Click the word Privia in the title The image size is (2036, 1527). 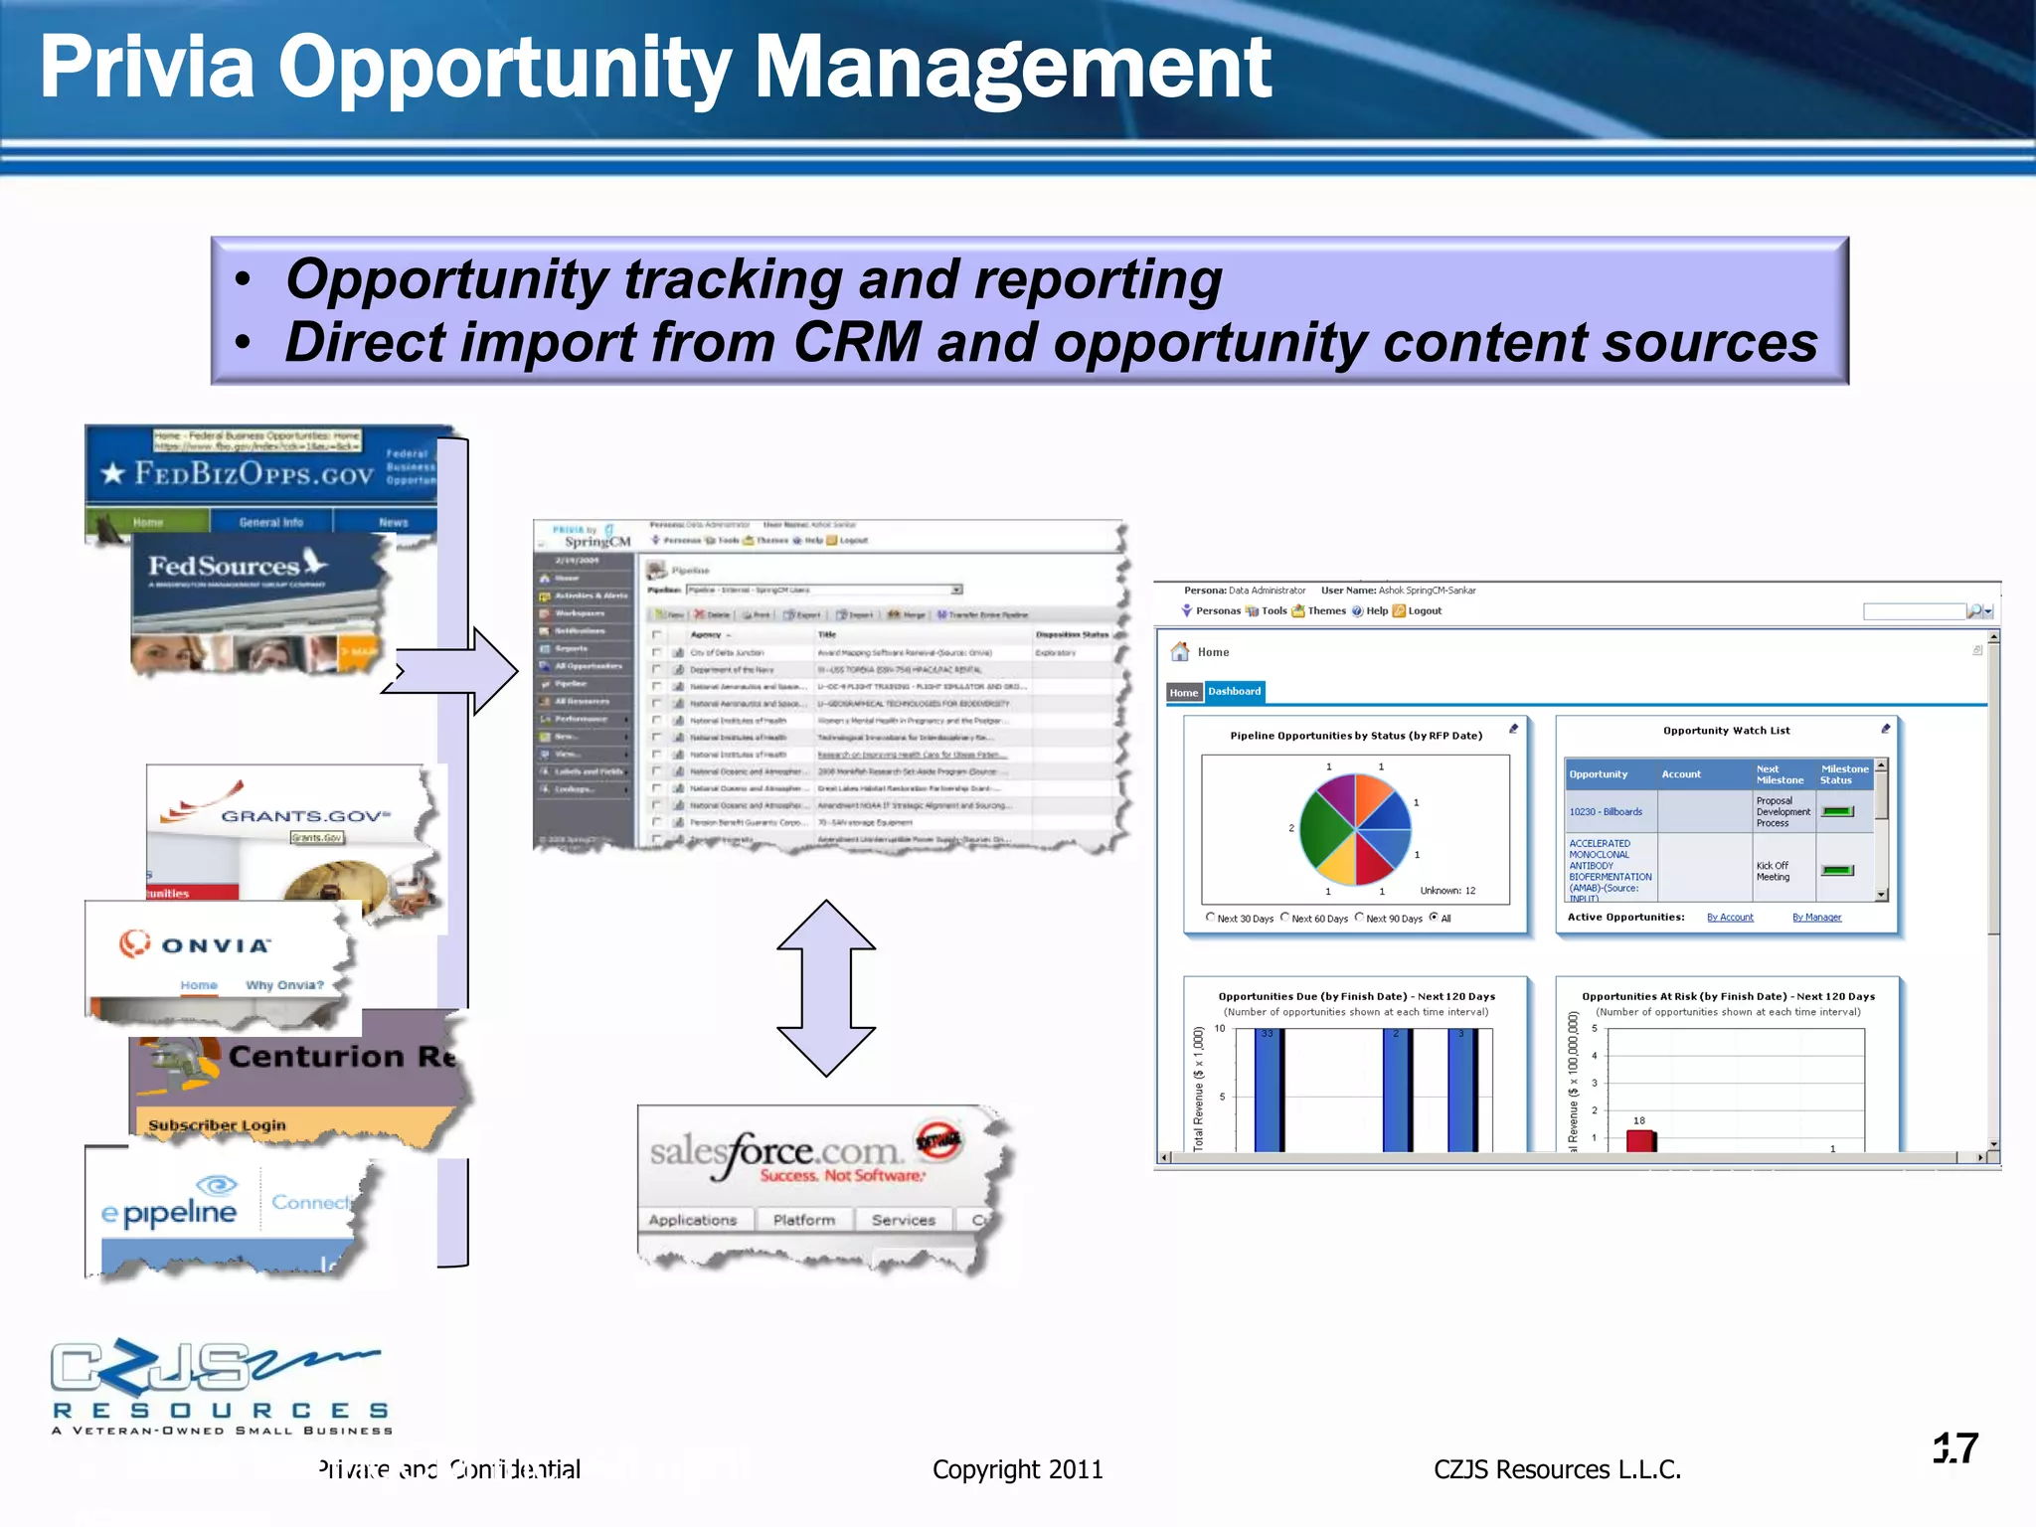pos(147,68)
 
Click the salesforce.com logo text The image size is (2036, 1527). pos(776,1153)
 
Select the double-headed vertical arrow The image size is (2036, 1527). pos(826,988)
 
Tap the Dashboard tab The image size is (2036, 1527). pos(1234,692)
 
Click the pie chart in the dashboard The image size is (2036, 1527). pos(1355,829)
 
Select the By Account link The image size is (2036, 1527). pos(1730,918)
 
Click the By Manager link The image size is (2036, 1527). pos(1816,918)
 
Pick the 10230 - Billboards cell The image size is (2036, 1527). pos(1606,812)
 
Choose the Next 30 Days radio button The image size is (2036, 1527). pos(1210,918)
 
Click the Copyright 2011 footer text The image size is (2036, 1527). pos(1017,1469)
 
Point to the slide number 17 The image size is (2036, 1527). pos(1955,1448)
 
